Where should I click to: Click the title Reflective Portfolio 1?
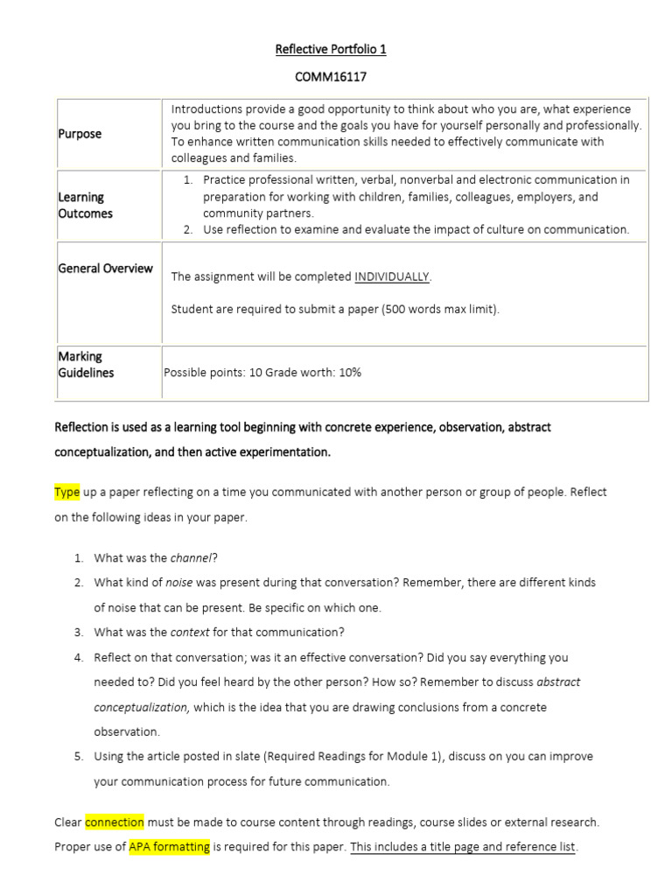tap(330, 49)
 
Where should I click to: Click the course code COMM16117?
tap(330, 77)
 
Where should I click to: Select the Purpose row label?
tap(80, 134)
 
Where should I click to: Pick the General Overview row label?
tap(105, 269)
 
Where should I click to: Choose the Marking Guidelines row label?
tap(86, 364)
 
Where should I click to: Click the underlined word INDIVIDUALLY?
tap(392, 276)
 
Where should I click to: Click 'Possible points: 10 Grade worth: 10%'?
tap(262, 372)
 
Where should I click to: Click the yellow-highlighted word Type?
tap(67, 492)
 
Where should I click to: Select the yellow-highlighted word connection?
tap(115, 822)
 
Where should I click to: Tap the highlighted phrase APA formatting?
tap(169, 847)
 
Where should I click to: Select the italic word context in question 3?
tap(191, 632)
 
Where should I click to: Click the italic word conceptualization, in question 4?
tap(142, 706)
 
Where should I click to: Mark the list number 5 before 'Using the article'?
tap(78, 756)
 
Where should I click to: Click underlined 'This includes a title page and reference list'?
tap(463, 847)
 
